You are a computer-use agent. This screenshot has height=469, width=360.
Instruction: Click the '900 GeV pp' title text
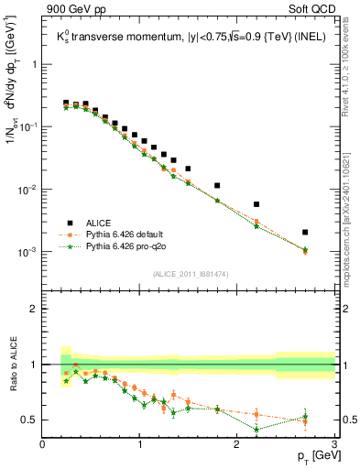73,10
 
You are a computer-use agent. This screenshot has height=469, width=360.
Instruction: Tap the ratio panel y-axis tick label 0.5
29,420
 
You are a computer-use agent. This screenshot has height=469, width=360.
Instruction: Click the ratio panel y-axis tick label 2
34,309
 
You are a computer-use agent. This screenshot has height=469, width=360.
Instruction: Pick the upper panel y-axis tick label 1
34,65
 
